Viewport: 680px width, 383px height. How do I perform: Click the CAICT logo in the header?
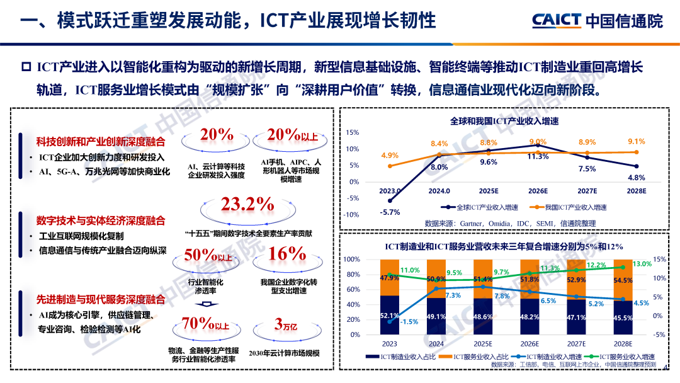597,21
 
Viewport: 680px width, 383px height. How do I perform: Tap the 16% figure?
287,254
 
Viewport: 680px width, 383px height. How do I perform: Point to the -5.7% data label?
390,212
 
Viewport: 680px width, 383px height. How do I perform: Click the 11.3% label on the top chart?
537,156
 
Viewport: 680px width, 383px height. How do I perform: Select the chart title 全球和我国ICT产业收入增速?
504,121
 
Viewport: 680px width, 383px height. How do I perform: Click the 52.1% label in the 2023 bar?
390,316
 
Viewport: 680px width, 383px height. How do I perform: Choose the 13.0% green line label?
642,264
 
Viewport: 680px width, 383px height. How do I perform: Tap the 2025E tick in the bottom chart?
483,344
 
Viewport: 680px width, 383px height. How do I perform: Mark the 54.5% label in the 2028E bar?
623,280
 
